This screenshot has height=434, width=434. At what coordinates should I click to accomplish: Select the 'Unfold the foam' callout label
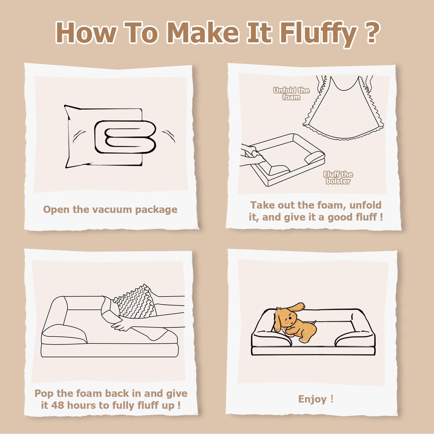click(x=291, y=94)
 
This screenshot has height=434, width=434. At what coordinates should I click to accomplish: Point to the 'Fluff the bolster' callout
click(x=338, y=178)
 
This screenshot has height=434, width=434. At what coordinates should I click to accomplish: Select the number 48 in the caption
click(x=58, y=405)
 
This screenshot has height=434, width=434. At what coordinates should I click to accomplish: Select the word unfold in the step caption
click(x=365, y=205)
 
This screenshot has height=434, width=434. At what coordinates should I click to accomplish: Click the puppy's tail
click(x=313, y=323)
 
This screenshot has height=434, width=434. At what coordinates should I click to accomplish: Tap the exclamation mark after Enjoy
click(x=332, y=399)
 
